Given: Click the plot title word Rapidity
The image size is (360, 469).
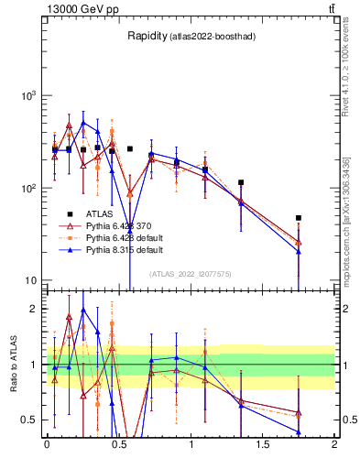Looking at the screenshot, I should pyautogui.click(x=147, y=36).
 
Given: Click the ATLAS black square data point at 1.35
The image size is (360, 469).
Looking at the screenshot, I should pyautogui.click(x=241, y=182).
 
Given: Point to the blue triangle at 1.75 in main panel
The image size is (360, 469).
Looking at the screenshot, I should pyautogui.click(x=299, y=252).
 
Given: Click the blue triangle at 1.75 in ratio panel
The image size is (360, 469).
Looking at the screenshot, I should pyautogui.click(x=299, y=431).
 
